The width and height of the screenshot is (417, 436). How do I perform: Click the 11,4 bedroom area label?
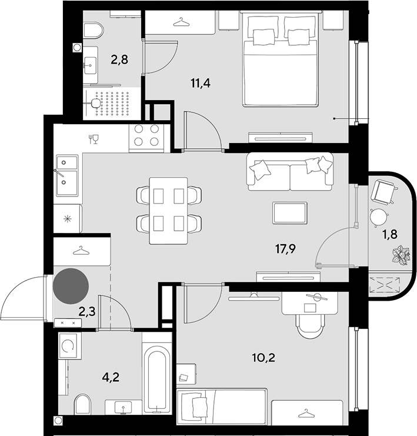(201, 83)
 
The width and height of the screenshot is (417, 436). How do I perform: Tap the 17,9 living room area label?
(285, 249)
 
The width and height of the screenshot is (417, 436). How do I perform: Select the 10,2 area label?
(263, 357)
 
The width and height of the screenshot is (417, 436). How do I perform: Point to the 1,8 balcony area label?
(390, 234)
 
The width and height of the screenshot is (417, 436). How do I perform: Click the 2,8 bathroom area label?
(119, 59)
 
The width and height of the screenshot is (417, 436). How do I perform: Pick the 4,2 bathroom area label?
(111, 377)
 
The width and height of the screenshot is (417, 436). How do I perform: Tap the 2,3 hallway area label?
(87, 312)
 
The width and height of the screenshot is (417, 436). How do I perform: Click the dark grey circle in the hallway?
(71, 286)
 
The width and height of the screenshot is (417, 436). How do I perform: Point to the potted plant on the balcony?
(401, 254)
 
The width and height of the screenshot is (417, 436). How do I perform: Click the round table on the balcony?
(378, 217)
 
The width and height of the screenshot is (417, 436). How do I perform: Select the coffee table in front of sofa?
(290, 213)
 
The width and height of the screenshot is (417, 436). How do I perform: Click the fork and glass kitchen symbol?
(94, 139)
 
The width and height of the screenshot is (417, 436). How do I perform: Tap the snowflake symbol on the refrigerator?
(67, 219)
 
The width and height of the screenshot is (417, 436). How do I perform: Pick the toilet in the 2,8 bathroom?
(94, 31)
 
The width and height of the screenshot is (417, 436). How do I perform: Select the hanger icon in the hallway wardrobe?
(81, 251)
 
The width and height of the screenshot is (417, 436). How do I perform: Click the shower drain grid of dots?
(112, 104)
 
